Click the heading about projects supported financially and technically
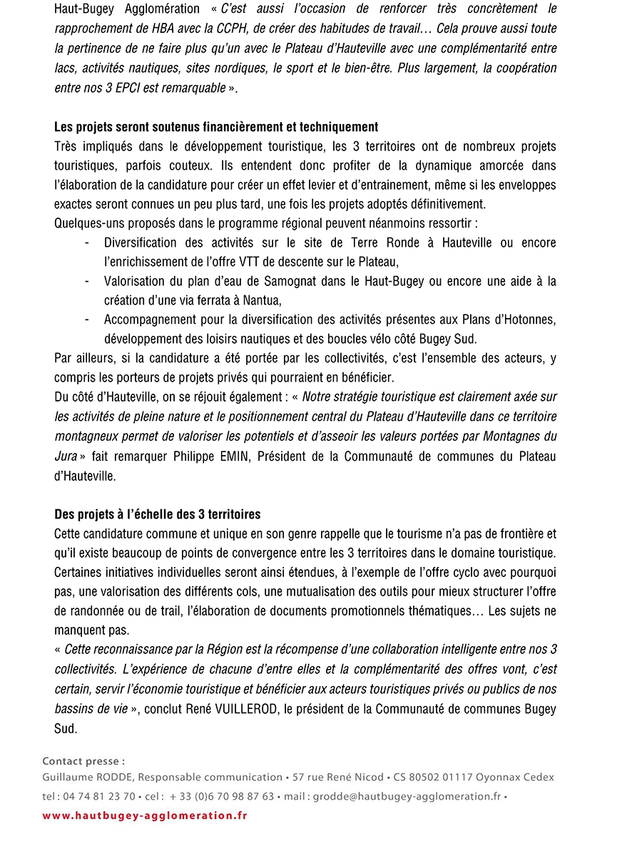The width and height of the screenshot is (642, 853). coord(216,127)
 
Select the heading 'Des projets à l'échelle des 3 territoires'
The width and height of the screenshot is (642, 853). coord(158,514)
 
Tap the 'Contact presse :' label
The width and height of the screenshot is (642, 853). coord(83,761)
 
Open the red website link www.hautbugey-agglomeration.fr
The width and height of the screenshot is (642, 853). coord(145,815)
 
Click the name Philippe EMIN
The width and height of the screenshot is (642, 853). coord(211,456)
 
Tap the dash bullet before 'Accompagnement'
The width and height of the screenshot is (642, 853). coord(87,320)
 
